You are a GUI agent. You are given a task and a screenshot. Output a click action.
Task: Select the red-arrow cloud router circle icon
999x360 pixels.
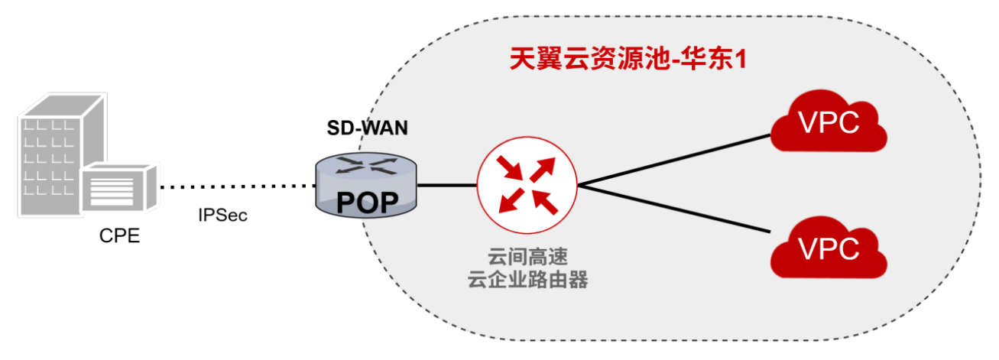(x=527, y=184)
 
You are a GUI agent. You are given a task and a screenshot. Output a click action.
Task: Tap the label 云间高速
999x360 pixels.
(x=527, y=255)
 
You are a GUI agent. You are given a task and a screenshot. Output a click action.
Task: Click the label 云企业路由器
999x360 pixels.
(x=527, y=280)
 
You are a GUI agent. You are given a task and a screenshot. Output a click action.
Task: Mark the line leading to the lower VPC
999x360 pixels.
(x=673, y=209)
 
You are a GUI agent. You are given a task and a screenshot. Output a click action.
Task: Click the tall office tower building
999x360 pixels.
(x=54, y=153)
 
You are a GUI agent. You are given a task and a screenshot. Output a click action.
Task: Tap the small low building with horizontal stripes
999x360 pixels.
(x=122, y=188)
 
